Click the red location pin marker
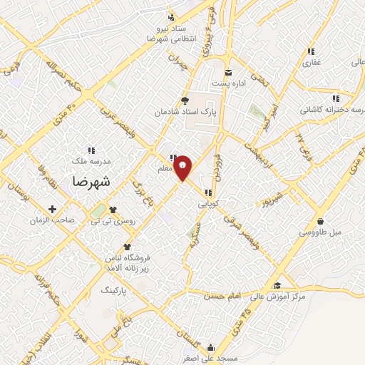[x=183, y=167]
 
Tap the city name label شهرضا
[x=91, y=181]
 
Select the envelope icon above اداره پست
[x=229, y=73]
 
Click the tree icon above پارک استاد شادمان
[x=185, y=101]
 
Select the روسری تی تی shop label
[x=112, y=221]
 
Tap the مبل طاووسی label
[x=320, y=232]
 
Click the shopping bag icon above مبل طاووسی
[x=320, y=222]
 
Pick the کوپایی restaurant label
[x=208, y=203]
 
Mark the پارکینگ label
[x=119, y=292]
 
